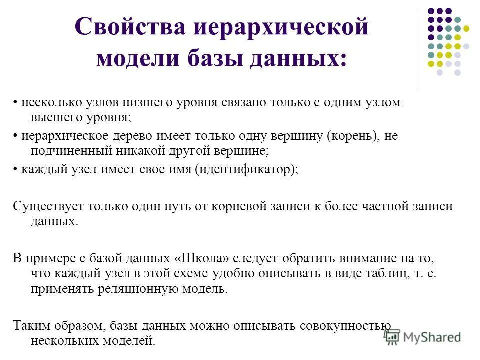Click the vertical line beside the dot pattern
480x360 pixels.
tap(418, 48)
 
